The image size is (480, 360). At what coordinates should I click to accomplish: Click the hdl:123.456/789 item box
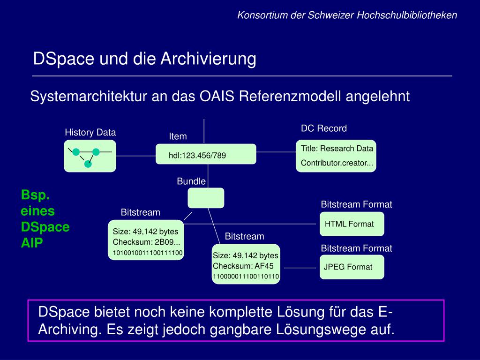[x=206, y=154]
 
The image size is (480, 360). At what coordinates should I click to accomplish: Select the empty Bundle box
[x=206, y=198]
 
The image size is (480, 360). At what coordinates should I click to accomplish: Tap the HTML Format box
[x=352, y=224]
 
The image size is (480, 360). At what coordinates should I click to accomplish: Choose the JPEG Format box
[x=352, y=267]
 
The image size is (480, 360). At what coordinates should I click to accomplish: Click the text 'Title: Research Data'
[x=337, y=149]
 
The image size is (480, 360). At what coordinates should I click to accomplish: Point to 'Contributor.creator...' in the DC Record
[x=337, y=163]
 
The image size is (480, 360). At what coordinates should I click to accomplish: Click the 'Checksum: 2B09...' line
[x=146, y=242]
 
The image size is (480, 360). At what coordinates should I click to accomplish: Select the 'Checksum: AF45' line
[x=243, y=266]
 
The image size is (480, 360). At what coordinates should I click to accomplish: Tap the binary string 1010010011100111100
[x=148, y=254]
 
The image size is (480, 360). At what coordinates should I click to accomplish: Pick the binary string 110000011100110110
[x=246, y=277]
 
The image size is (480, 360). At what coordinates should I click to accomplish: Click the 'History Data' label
[x=90, y=133]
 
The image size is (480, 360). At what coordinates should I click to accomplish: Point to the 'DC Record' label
[x=324, y=128]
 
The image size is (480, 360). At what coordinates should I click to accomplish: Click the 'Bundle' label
[x=191, y=181]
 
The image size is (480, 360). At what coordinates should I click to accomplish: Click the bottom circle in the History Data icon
[x=87, y=164]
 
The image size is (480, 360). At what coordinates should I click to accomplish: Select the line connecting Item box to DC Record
[x=276, y=152]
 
